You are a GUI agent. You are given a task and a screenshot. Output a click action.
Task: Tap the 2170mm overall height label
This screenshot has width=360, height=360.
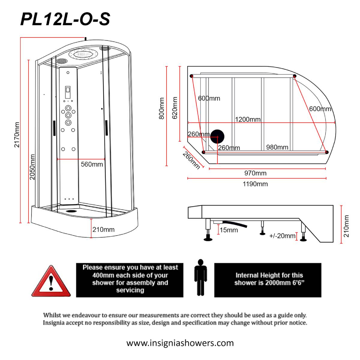click(x=17, y=134)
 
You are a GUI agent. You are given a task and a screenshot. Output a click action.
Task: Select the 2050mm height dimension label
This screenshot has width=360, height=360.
click(x=32, y=167)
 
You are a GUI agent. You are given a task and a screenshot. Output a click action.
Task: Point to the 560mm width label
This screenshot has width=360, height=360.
click(x=92, y=164)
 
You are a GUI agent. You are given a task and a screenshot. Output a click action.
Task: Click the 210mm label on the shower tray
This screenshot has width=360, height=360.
click(x=103, y=229)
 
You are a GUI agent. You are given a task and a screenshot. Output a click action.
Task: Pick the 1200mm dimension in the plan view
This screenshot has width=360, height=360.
click(x=247, y=119)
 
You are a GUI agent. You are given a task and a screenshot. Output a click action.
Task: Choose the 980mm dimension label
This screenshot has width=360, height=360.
click(x=277, y=147)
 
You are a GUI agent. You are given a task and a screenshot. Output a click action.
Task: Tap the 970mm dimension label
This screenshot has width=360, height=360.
click(x=255, y=173)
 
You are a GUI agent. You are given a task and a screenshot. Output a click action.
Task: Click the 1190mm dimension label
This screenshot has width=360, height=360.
click(x=255, y=184)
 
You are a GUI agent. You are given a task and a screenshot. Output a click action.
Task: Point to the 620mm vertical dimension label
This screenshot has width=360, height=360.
click(x=175, y=107)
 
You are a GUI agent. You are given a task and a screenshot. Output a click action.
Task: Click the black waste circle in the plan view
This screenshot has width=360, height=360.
click(x=217, y=137)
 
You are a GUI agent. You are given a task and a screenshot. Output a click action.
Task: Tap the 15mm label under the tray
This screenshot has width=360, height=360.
click(x=229, y=230)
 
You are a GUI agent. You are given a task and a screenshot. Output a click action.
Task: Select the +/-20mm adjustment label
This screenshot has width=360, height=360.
click(x=282, y=236)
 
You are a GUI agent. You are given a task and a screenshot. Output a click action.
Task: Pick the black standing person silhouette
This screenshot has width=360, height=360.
click(x=200, y=277)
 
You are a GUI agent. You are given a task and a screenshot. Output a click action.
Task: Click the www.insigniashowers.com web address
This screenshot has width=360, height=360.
click(x=180, y=343)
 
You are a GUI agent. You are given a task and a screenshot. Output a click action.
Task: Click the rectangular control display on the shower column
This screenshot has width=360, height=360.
click(x=68, y=89)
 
